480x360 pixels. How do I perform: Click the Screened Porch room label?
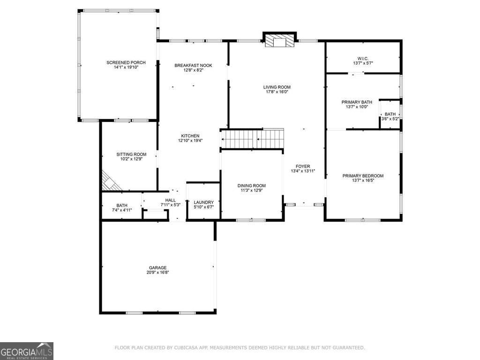(x=126, y=63)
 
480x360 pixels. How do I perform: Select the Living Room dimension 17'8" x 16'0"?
(x=277, y=92)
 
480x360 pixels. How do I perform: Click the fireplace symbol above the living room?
(x=280, y=42)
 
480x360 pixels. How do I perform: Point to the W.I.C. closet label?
(x=363, y=59)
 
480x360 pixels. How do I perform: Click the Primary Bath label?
(x=357, y=102)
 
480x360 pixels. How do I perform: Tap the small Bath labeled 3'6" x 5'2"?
(x=390, y=114)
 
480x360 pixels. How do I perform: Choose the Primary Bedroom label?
(x=363, y=176)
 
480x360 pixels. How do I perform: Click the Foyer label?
(x=303, y=166)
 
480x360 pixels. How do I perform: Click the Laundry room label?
(x=204, y=202)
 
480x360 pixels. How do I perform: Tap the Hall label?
(x=170, y=200)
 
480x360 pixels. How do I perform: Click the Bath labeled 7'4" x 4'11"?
(x=122, y=205)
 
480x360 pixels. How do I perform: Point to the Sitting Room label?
(x=131, y=154)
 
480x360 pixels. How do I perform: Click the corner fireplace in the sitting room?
(x=109, y=182)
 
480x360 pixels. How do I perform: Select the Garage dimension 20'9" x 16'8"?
(x=158, y=272)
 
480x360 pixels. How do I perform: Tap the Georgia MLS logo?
(x=27, y=351)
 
